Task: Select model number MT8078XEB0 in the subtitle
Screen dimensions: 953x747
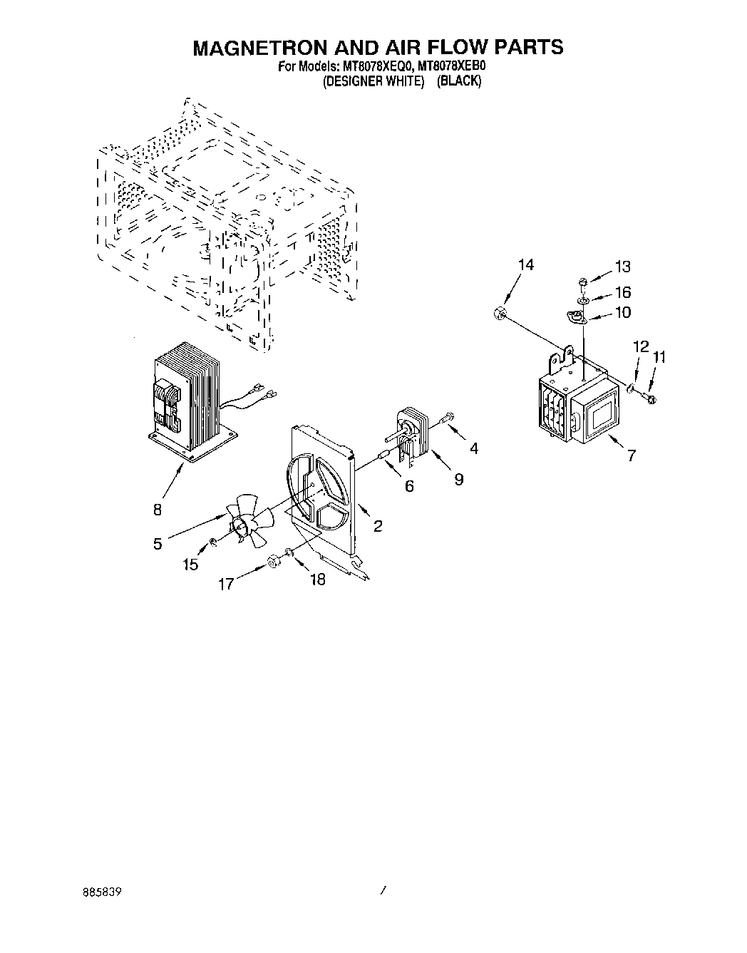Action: (454, 67)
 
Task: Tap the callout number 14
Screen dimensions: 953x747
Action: (525, 265)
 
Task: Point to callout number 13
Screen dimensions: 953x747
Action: (622, 267)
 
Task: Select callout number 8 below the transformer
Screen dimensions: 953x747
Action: (158, 510)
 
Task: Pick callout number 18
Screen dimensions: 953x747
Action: (318, 579)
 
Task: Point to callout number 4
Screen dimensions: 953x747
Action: (474, 448)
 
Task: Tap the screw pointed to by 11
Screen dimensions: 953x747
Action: (649, 396)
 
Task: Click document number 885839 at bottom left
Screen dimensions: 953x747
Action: (101, 891)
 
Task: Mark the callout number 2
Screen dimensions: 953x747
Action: (377, 526)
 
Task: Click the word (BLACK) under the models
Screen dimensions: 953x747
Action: (459, 81)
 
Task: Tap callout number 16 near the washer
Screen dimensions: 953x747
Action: (622, 292)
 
